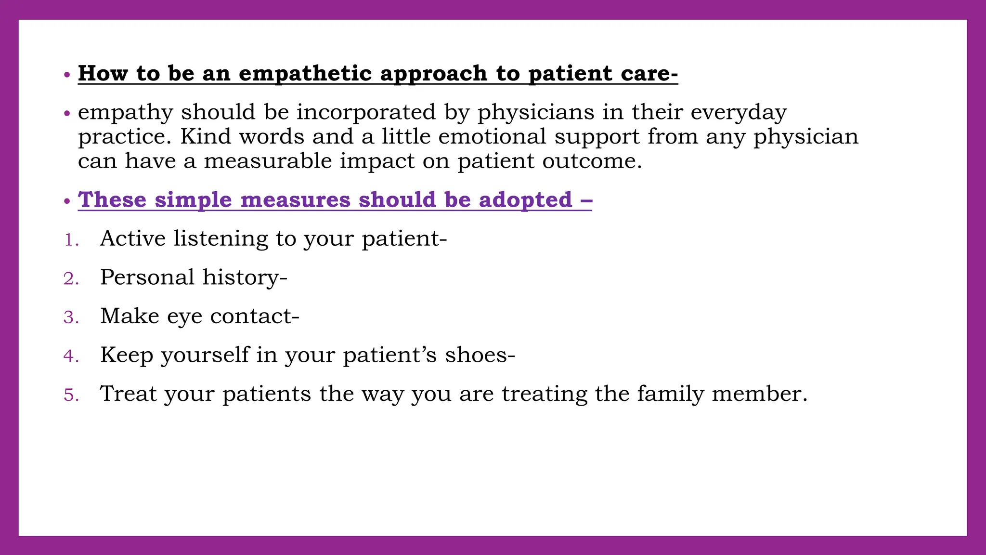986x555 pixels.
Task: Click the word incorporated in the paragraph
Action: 366,112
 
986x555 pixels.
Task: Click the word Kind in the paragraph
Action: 206,136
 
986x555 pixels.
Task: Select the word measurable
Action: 268,161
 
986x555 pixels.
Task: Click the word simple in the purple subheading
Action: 193,199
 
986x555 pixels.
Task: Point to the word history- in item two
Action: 245,277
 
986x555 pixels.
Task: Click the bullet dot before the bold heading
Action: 67,75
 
